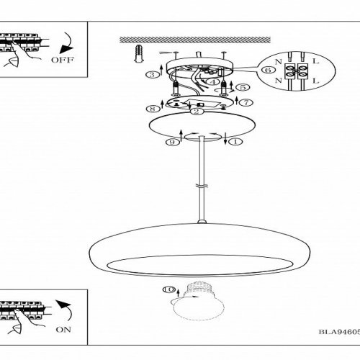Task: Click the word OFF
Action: click(63, 60)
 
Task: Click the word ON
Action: click(63, 330)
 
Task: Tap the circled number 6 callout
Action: click(268, 70)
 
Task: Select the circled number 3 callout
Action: click(153, 74)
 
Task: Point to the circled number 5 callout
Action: click(243, 87)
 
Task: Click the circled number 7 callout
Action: click(246, 103)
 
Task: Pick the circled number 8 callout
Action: click(153, 109)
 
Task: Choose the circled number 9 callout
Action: click(173, 142)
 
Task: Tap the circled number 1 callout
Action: click(235, 142)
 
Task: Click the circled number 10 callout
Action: click(169, 289)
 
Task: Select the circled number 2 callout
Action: click(197, 111)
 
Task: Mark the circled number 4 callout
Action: click(213, 82)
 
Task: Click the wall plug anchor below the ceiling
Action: click(139, 54)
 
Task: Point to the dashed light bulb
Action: click(199, 302)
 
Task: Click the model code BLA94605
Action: click(339, 332)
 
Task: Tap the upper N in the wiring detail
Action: click(278, 62)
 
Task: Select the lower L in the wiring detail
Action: click(315, 81)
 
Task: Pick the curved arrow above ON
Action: click(66, 309)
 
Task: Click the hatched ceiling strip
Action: click(195, 40)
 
